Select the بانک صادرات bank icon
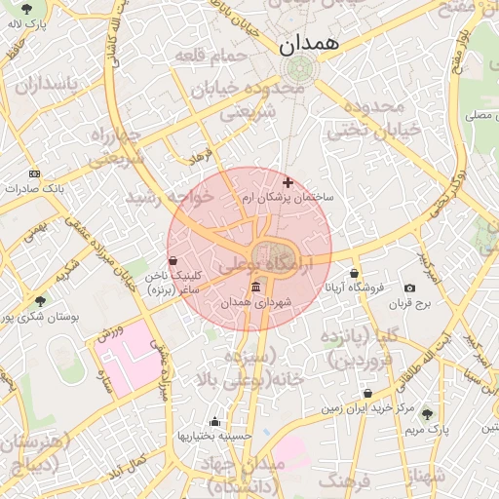pos(35,173)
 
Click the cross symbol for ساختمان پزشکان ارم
pos(288,182)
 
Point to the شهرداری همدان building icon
pos(256,287)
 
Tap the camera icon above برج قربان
pos(409,288)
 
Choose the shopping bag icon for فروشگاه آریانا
pos(354,273)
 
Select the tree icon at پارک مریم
pos(426,414)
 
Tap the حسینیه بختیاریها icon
pos(214,421)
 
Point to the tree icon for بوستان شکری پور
pos(40,301)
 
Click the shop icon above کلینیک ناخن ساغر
pos(173,260)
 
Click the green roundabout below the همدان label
pos(299,68)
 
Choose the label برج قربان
pos(409,304)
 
